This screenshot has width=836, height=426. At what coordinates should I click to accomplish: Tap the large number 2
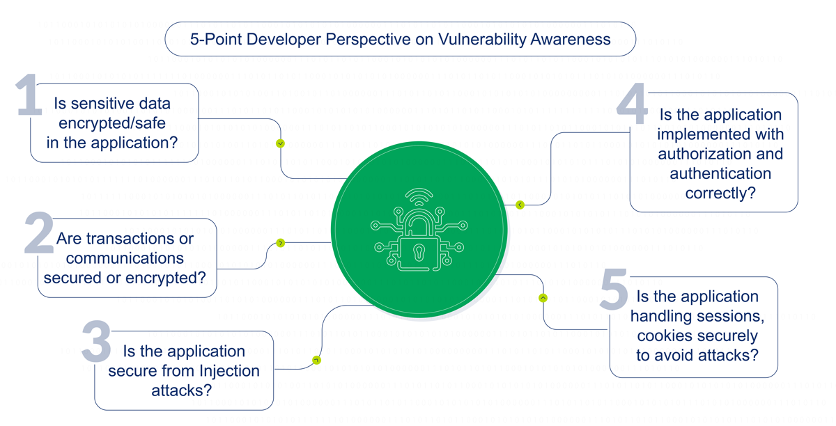pos(38,232)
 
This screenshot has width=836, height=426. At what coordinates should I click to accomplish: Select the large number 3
pos(97,342)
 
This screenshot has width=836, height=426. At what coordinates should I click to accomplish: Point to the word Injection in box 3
pos(226,371)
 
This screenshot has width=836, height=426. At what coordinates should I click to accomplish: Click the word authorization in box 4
pos(720,154)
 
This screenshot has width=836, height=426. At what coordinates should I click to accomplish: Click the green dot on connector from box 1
pos(281,143)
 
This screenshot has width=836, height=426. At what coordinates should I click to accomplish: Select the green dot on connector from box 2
pos(281,243)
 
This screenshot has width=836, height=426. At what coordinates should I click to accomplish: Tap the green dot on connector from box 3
pos(317,360)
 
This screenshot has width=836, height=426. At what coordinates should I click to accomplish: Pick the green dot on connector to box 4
pos(520,205)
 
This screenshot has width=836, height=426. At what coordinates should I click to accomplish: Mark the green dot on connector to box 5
pos(543,298)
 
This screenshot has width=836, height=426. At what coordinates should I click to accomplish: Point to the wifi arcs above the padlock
pos(419,197)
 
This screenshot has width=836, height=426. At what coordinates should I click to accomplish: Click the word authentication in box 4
pos(720,173)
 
